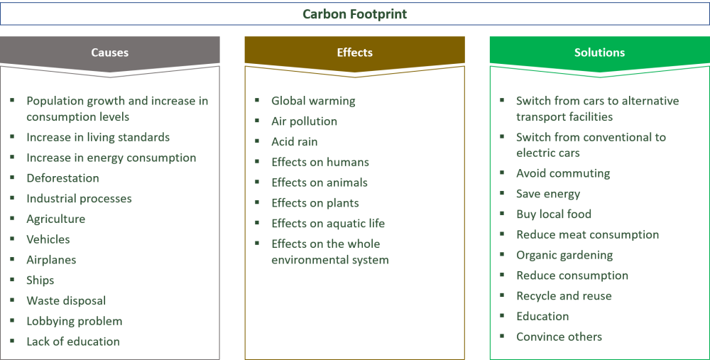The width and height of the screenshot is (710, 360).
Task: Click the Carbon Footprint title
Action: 354,14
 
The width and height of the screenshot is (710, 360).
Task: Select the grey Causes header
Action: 109,53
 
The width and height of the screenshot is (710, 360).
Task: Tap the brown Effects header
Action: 354,53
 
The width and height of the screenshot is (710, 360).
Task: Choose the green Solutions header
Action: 599,53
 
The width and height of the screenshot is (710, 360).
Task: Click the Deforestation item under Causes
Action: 62,178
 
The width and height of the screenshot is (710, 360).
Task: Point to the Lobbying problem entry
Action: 74,321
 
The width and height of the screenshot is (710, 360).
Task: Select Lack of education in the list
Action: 72,342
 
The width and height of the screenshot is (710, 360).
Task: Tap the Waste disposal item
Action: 66,300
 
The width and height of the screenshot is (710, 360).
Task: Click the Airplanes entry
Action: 51,260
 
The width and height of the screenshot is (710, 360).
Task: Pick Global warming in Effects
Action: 313,101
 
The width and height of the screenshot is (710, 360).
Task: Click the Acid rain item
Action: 294,141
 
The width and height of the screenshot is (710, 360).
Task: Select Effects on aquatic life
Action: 327,223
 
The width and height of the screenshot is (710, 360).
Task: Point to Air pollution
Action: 304,121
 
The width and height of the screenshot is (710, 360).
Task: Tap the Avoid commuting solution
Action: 563,173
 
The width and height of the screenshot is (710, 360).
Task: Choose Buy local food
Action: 554,214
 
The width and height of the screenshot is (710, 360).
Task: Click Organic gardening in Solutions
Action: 564,255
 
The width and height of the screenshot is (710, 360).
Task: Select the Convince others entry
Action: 559,337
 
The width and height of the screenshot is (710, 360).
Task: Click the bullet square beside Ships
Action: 11,279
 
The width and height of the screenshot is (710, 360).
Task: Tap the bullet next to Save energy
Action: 501,192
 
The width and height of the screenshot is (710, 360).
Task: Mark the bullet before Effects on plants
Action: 256,202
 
